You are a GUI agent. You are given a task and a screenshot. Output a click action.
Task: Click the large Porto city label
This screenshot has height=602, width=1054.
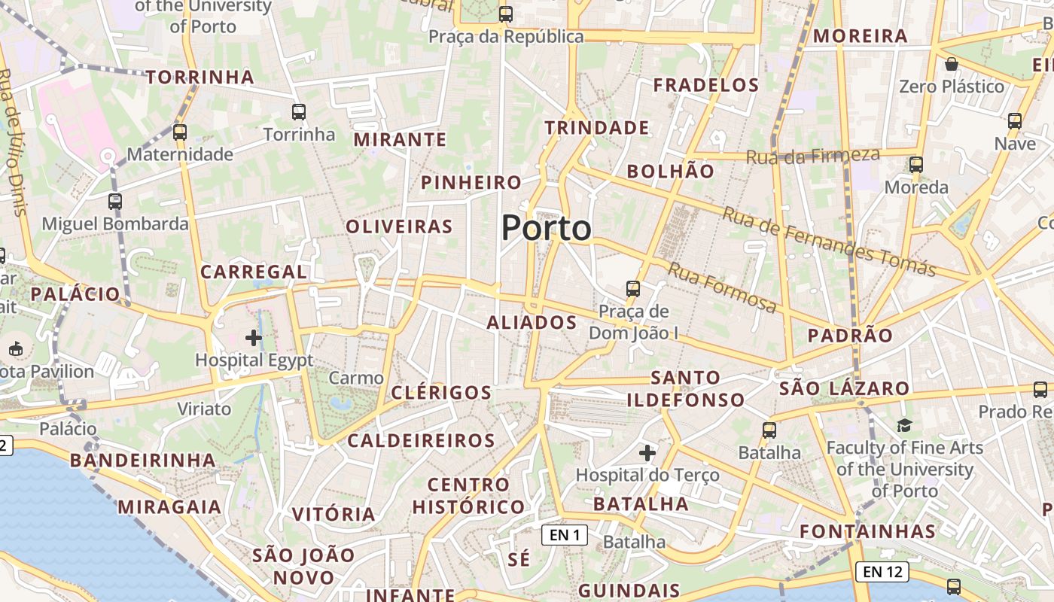(x=546, y=228)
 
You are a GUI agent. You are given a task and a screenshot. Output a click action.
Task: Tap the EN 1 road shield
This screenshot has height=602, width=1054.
(x=564, y=535)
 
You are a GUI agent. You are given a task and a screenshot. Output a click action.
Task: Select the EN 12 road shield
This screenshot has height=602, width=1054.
(x=882, y=572)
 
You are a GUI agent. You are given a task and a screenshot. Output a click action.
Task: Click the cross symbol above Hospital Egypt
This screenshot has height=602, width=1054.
(x=254, y=337)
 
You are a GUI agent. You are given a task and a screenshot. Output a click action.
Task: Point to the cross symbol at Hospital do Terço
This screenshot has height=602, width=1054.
(x=647, y=453)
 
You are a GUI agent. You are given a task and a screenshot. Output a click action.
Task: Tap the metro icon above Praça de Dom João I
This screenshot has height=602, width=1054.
(x=633, y=288)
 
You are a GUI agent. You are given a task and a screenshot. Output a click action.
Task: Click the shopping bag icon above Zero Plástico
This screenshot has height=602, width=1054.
(x=952, y=64)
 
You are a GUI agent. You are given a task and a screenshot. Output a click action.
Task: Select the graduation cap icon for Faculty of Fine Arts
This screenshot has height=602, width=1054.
(x=904, y=426)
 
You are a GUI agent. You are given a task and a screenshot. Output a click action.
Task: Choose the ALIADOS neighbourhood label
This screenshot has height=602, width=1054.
(x=532, y=323)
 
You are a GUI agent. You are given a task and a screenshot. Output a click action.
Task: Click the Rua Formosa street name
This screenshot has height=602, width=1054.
(x=722, y=288)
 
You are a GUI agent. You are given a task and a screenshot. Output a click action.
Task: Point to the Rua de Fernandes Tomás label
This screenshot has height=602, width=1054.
(x=829, y=241)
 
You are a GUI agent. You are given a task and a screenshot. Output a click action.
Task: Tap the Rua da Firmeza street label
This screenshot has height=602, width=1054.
(x=812, y=156)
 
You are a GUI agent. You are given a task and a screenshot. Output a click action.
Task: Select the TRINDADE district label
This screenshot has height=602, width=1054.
(x=597, y=128)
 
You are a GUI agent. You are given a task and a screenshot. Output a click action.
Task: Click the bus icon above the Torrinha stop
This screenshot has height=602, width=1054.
(x=299, y=112)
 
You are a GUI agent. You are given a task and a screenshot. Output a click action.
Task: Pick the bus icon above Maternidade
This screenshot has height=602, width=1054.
(x=179, y=132)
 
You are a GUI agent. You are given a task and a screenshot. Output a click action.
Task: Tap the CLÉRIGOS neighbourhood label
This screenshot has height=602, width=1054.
(x=441, y=392)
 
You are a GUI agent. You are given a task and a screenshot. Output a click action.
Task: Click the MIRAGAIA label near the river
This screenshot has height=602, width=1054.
(x=169, y=506)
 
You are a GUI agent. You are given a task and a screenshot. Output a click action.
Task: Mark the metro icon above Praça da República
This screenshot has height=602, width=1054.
(x=506, y=14)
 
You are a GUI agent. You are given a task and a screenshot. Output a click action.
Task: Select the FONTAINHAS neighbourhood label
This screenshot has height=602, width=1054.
(x=867, y=531)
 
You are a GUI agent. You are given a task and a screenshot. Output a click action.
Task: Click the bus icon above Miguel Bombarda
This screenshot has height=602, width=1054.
(x=114, y=202)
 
